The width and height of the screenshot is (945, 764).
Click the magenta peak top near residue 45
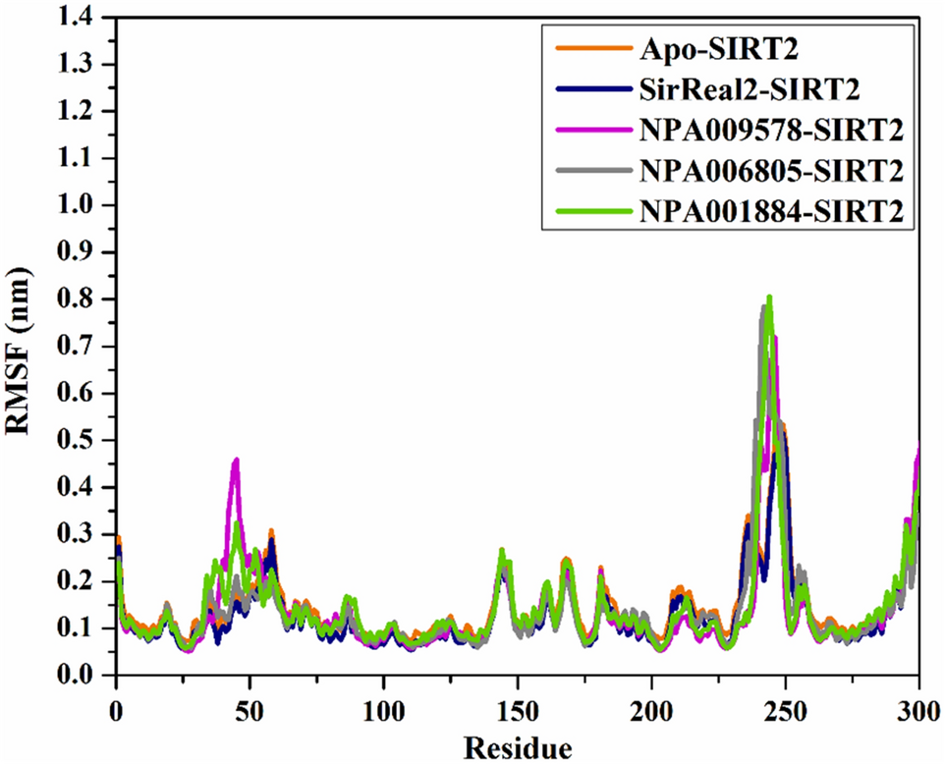(236, 460)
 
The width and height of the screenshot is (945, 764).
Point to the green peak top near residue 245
(770, 297)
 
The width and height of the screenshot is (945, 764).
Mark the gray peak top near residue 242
(763, 307)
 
